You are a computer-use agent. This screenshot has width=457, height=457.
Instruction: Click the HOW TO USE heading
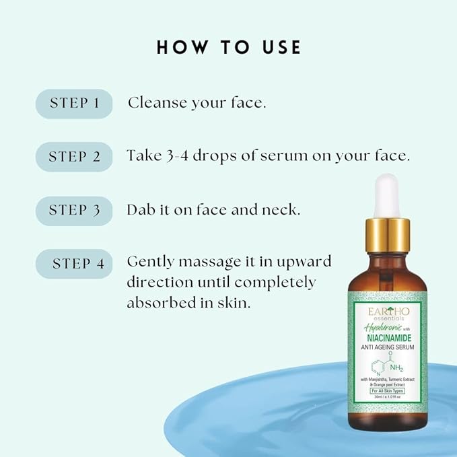point(229,47)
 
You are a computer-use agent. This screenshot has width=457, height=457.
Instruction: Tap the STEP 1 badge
point(74,104)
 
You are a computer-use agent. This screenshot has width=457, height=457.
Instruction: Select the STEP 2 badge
point(74,157)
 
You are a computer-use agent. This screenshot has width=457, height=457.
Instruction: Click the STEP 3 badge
point(74,210)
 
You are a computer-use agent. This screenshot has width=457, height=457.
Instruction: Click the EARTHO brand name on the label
point(382,310)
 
